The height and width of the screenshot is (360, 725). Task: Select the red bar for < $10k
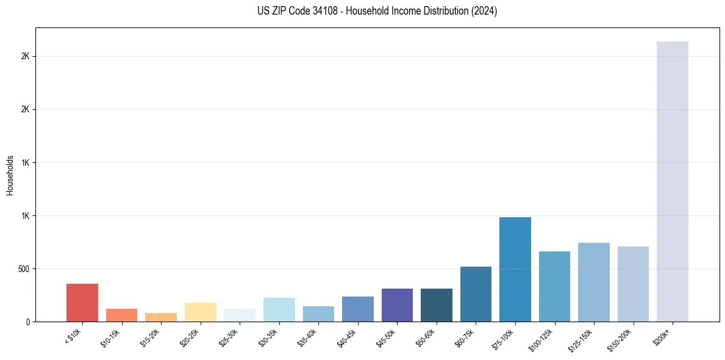point(82,303)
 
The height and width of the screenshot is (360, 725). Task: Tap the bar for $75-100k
point(515,269)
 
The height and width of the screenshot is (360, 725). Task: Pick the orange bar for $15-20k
point(161,317)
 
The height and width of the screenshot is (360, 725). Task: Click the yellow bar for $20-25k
point(200,312)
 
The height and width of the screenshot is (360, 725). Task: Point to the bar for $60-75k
point(476,294)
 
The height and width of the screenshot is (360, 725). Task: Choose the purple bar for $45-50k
point(397,305)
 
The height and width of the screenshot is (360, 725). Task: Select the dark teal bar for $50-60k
point(436,305)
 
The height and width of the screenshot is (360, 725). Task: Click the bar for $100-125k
point(554,286)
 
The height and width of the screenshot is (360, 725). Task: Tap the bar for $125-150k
point(593,282)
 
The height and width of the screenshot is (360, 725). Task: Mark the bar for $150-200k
point(633,284)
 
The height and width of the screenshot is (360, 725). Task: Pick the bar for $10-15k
point(121,315)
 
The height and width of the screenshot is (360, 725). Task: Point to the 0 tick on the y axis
point(28,322)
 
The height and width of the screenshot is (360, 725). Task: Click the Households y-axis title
point(10,175)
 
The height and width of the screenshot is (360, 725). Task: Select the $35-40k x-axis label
point(310,339)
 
